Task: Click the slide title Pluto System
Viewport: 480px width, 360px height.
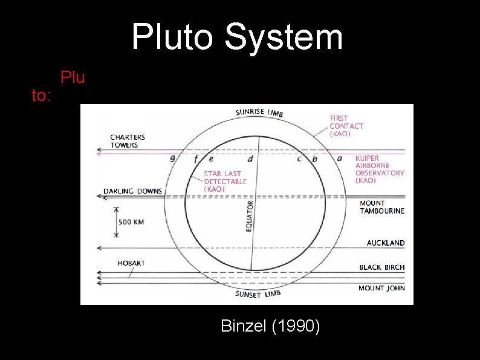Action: coord(237,37)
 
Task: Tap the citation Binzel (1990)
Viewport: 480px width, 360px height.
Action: coord(270,326)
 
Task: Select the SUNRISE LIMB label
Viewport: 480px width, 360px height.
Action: coord(259,113)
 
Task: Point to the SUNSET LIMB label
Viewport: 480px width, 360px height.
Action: coord(258,295)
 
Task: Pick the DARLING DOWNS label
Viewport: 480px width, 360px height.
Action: coord(133,191)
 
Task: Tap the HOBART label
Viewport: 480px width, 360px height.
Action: coord(131,263)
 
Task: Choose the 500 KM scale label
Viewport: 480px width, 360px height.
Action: coord(131,222)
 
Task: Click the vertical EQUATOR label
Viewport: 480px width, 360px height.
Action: coord(249,217)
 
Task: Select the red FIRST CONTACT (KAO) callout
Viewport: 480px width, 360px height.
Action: coord(346,126)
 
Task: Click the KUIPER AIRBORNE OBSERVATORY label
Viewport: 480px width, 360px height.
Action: coord(380,169)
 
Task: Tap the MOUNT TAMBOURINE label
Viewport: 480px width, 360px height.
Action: coord(382,207)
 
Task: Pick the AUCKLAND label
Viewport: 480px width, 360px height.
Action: coord(386,243)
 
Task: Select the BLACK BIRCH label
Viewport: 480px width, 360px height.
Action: coord(382,267)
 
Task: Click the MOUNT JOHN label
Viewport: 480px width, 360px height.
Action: coord(381,288)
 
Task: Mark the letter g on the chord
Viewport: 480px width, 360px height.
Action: coord(174,160)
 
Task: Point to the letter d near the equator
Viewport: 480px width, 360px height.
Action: coord(250,159)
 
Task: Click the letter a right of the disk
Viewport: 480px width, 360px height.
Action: coord(339,159)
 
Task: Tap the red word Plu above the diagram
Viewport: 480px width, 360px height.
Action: coord(73,78)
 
